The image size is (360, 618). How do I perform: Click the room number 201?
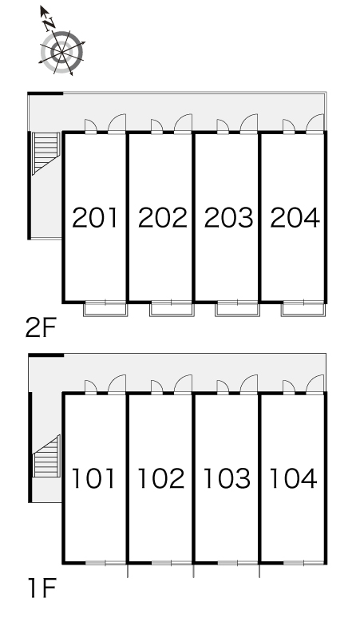tap(95, 217)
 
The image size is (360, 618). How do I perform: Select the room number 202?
tap(162, 217)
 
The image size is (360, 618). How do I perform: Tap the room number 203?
tap(228, 217)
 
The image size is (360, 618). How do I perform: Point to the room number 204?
tap(295, 217)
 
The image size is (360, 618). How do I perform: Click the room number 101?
tap(93, 478)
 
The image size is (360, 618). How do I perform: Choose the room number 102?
tap(160, 478)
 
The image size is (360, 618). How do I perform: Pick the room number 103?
tap(227, 478)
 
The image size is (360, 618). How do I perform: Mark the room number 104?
tap(293, 478)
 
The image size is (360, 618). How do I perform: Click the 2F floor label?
tap(41, 328)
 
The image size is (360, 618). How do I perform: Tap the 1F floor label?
tap(42, 588)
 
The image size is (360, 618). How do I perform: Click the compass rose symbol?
tap(61, 53)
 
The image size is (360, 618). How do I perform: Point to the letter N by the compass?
tap(49, 24)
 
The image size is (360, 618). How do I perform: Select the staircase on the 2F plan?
tap(45, 153)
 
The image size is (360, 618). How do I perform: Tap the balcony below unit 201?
tap(106, 309)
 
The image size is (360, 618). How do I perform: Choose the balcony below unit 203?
tap(238, 309)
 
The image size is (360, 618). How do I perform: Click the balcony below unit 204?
tap(303, 309)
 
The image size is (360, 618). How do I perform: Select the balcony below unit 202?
tap(172, 309)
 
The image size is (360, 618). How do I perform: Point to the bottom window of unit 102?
tap(172, 563)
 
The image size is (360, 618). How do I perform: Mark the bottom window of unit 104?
tap(303, 563)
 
